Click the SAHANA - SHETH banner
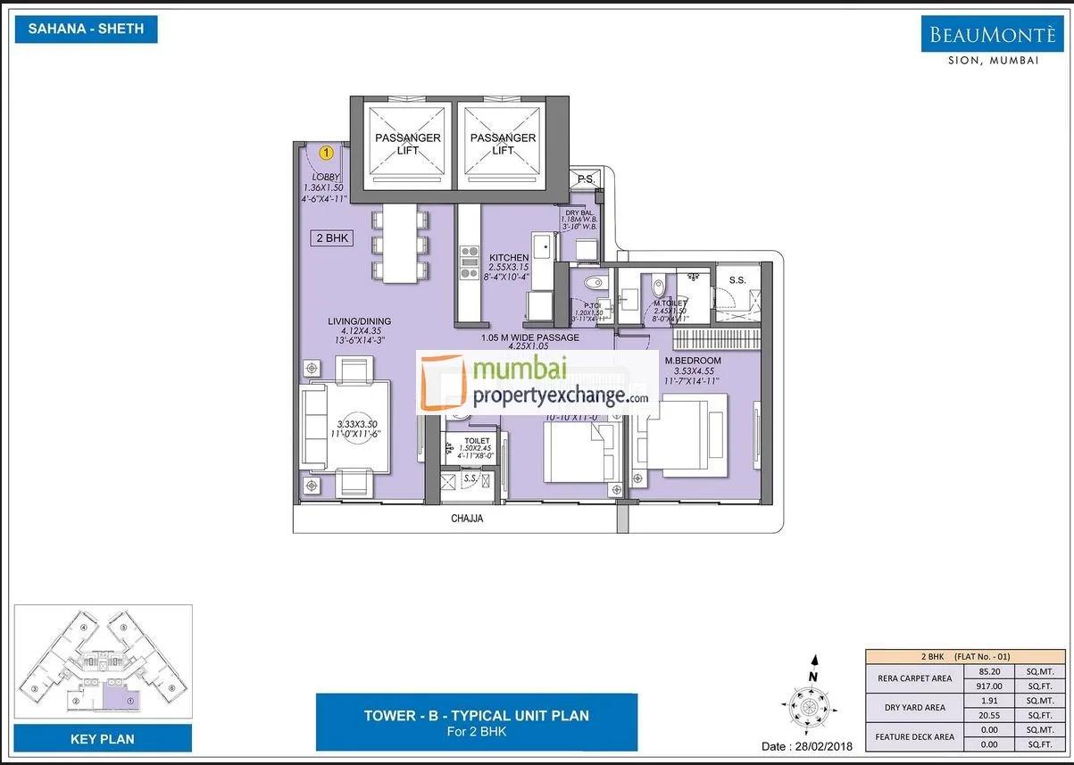tap(87, 29)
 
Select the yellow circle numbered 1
tap(327, 154)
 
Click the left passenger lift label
tap(407, 144)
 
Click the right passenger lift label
tap(503, 144)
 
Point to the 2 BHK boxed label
tap(330, 238)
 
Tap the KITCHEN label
tap(508, 258)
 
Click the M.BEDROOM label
tap(692, 361)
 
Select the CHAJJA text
tap(465, 520)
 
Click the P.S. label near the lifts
tap(586, 179)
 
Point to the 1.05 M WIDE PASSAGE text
tap(529, 337)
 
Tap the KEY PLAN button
tap(102, 739)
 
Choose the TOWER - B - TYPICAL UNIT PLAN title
tap(476, 715)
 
